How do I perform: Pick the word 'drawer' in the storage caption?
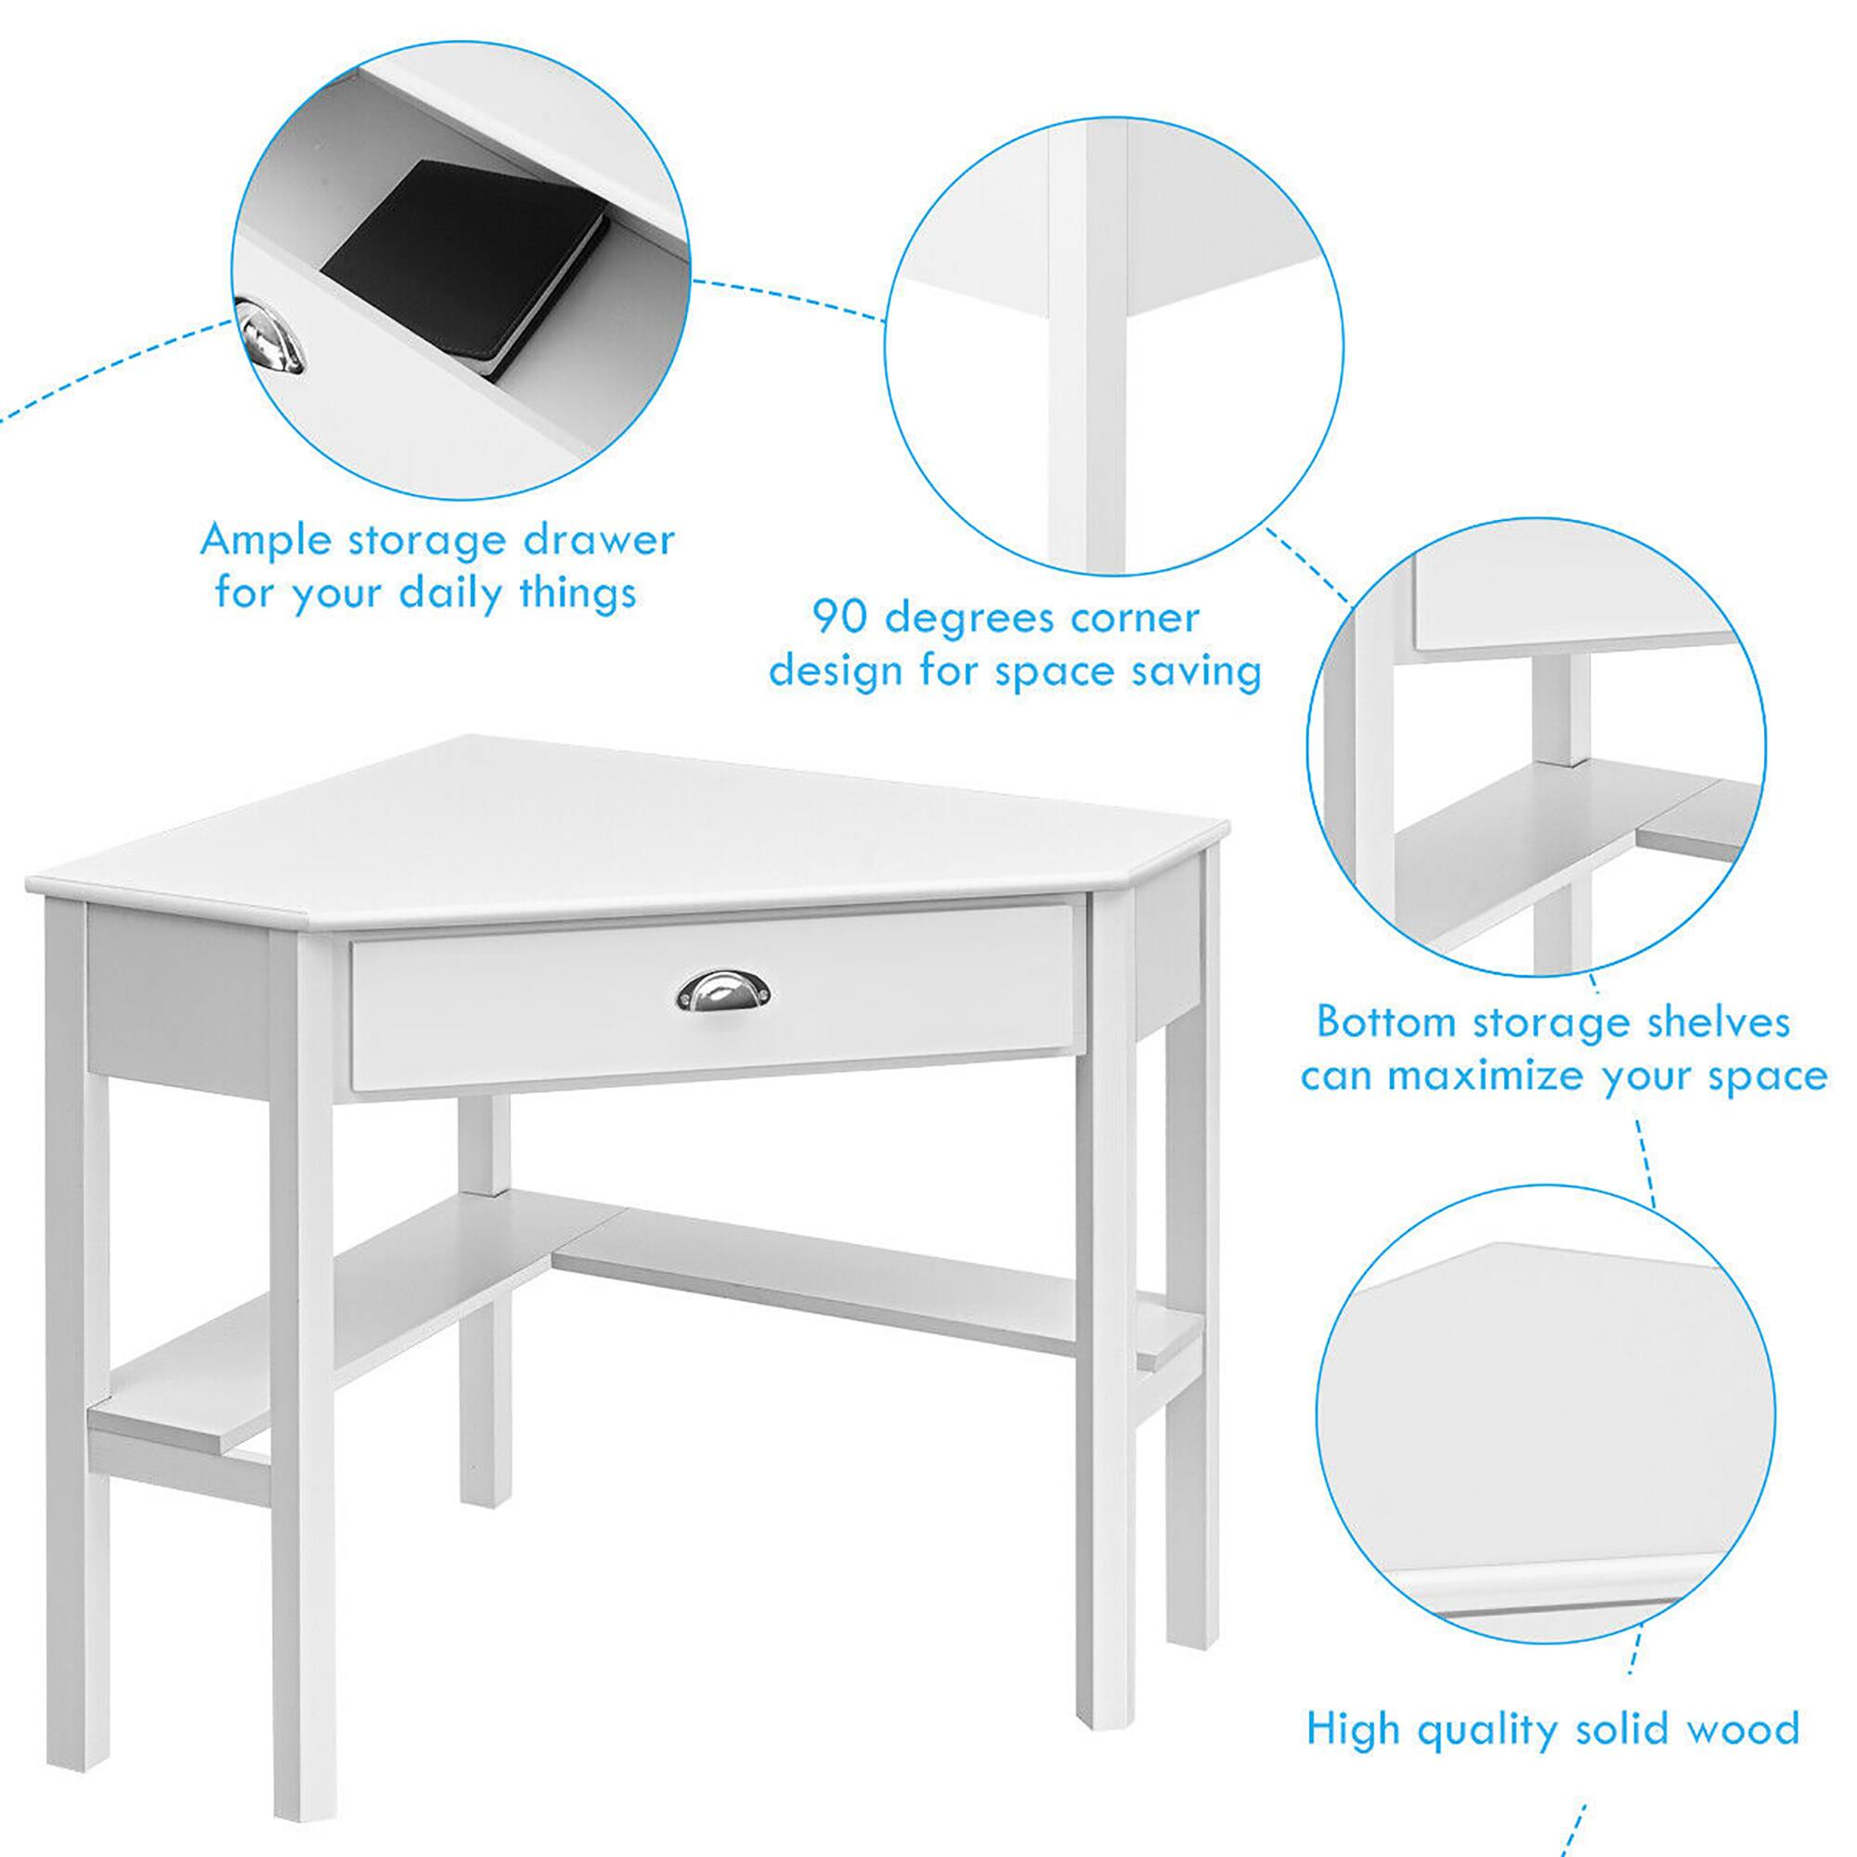(x=599, y=540)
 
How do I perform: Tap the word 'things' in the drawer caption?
(x=578, y=594)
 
